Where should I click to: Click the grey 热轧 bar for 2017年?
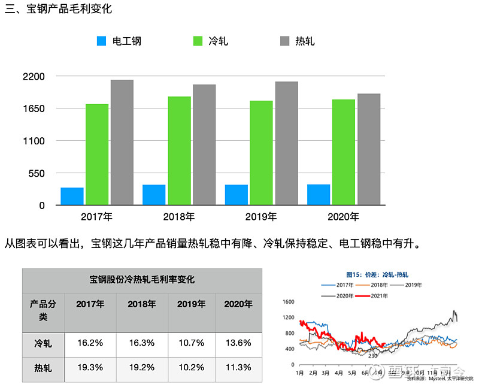(122, 143)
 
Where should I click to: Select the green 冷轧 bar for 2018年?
(179, 150)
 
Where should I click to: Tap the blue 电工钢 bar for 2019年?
(237, 195)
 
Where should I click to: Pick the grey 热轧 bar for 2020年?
(369, 149)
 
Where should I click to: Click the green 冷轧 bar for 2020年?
(344, 152)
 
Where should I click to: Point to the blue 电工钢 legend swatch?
(101, 41)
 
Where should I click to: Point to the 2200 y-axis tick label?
(34, 77)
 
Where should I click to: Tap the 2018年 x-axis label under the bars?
(179, 217)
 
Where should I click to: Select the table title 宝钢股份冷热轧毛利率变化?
(142, 280)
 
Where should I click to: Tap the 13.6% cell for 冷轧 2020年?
(238, 343)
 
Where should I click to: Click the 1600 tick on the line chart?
(289, 302)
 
